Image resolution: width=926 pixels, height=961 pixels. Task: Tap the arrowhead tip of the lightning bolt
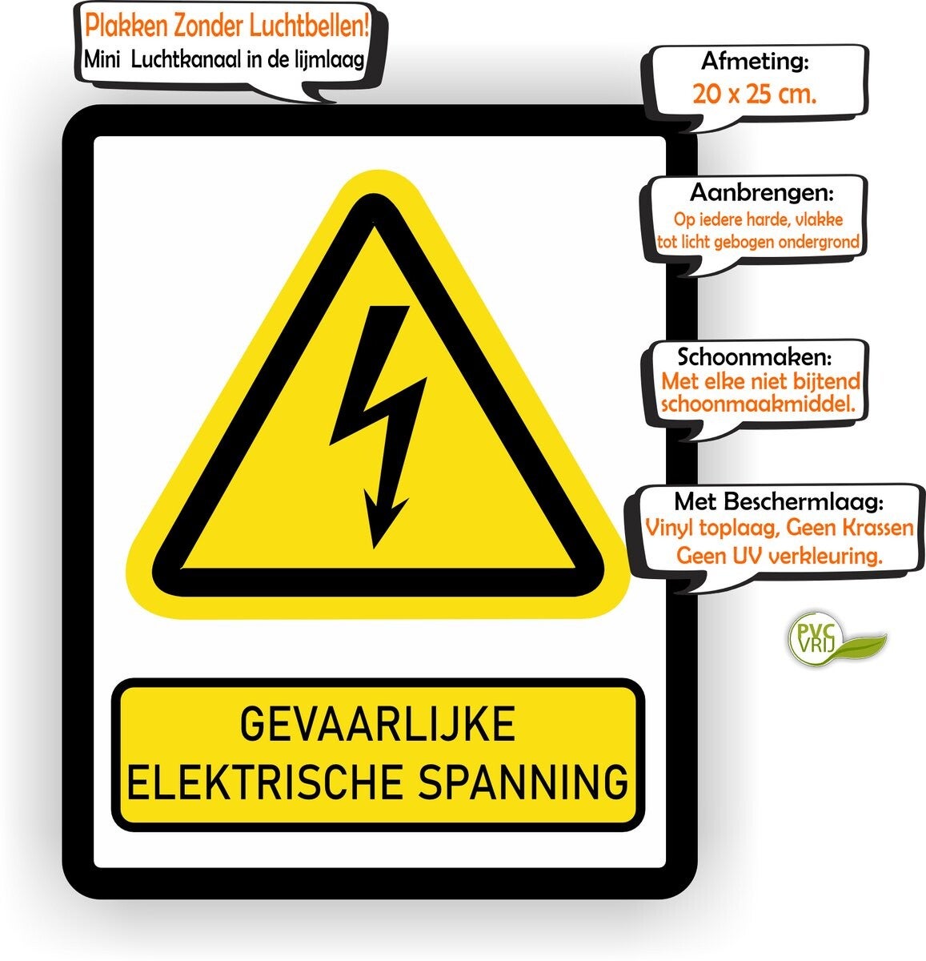(x=374, y=544)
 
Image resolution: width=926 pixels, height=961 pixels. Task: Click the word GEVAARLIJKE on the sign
(x=378, y=725)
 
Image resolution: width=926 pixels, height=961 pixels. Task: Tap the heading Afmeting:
(x=755, y=61)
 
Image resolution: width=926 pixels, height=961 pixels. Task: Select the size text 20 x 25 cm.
(x=755, y=94)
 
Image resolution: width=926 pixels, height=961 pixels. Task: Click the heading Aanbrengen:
(x=761, y=193)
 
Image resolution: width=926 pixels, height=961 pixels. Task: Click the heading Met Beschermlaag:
(x=779, y=502)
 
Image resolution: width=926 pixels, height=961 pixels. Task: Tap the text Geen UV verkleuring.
(x=779, y=554)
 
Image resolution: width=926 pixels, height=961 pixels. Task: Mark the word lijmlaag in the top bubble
(x=333, y=58)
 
